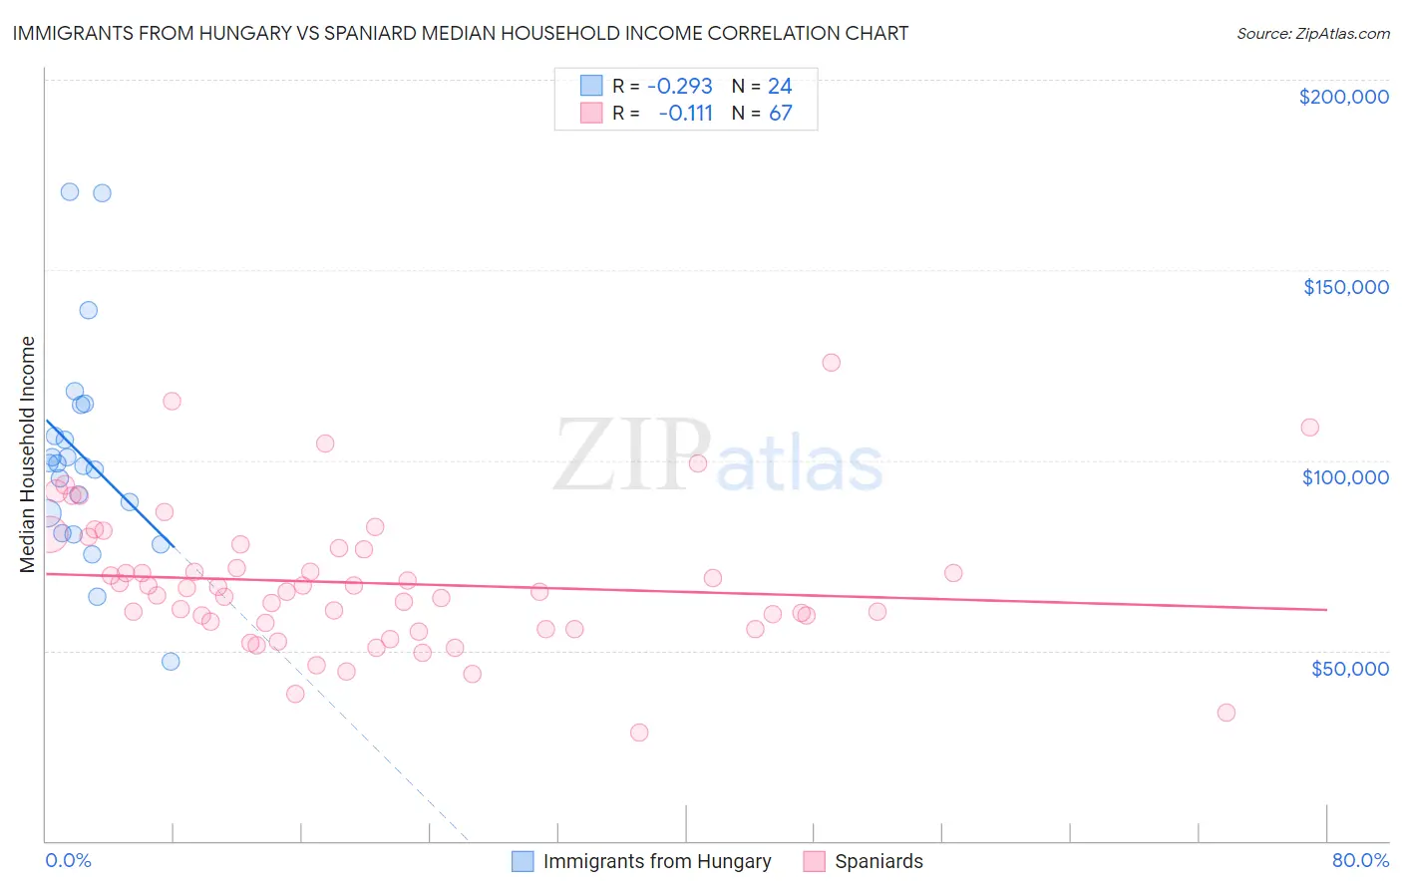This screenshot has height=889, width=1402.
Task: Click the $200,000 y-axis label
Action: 1343,97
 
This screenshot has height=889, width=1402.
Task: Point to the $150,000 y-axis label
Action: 1345,287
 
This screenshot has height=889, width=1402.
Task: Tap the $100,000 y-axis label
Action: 1345,477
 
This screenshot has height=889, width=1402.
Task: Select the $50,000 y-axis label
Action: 1349,668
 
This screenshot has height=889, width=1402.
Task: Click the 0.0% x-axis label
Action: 68,860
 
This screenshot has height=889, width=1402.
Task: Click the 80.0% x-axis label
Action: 1360,860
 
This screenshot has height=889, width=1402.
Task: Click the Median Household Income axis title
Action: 27,454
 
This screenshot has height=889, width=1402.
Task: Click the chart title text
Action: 461,33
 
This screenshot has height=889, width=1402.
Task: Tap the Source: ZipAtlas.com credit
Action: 1312,34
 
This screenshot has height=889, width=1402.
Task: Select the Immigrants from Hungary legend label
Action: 656,861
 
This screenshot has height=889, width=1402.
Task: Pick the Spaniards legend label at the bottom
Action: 878,861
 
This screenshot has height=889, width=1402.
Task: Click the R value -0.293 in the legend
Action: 679,86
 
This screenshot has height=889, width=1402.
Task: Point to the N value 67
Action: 780,114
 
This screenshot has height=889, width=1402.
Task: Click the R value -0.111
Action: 685,114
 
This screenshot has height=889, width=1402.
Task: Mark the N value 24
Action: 780,86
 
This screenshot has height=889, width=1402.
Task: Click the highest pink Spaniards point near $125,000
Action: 831,363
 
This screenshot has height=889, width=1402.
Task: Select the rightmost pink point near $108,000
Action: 1309,428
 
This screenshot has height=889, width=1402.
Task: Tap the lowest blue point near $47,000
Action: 171,662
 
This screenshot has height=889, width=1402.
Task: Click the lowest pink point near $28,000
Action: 639,733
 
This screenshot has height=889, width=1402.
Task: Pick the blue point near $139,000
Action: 89,310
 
